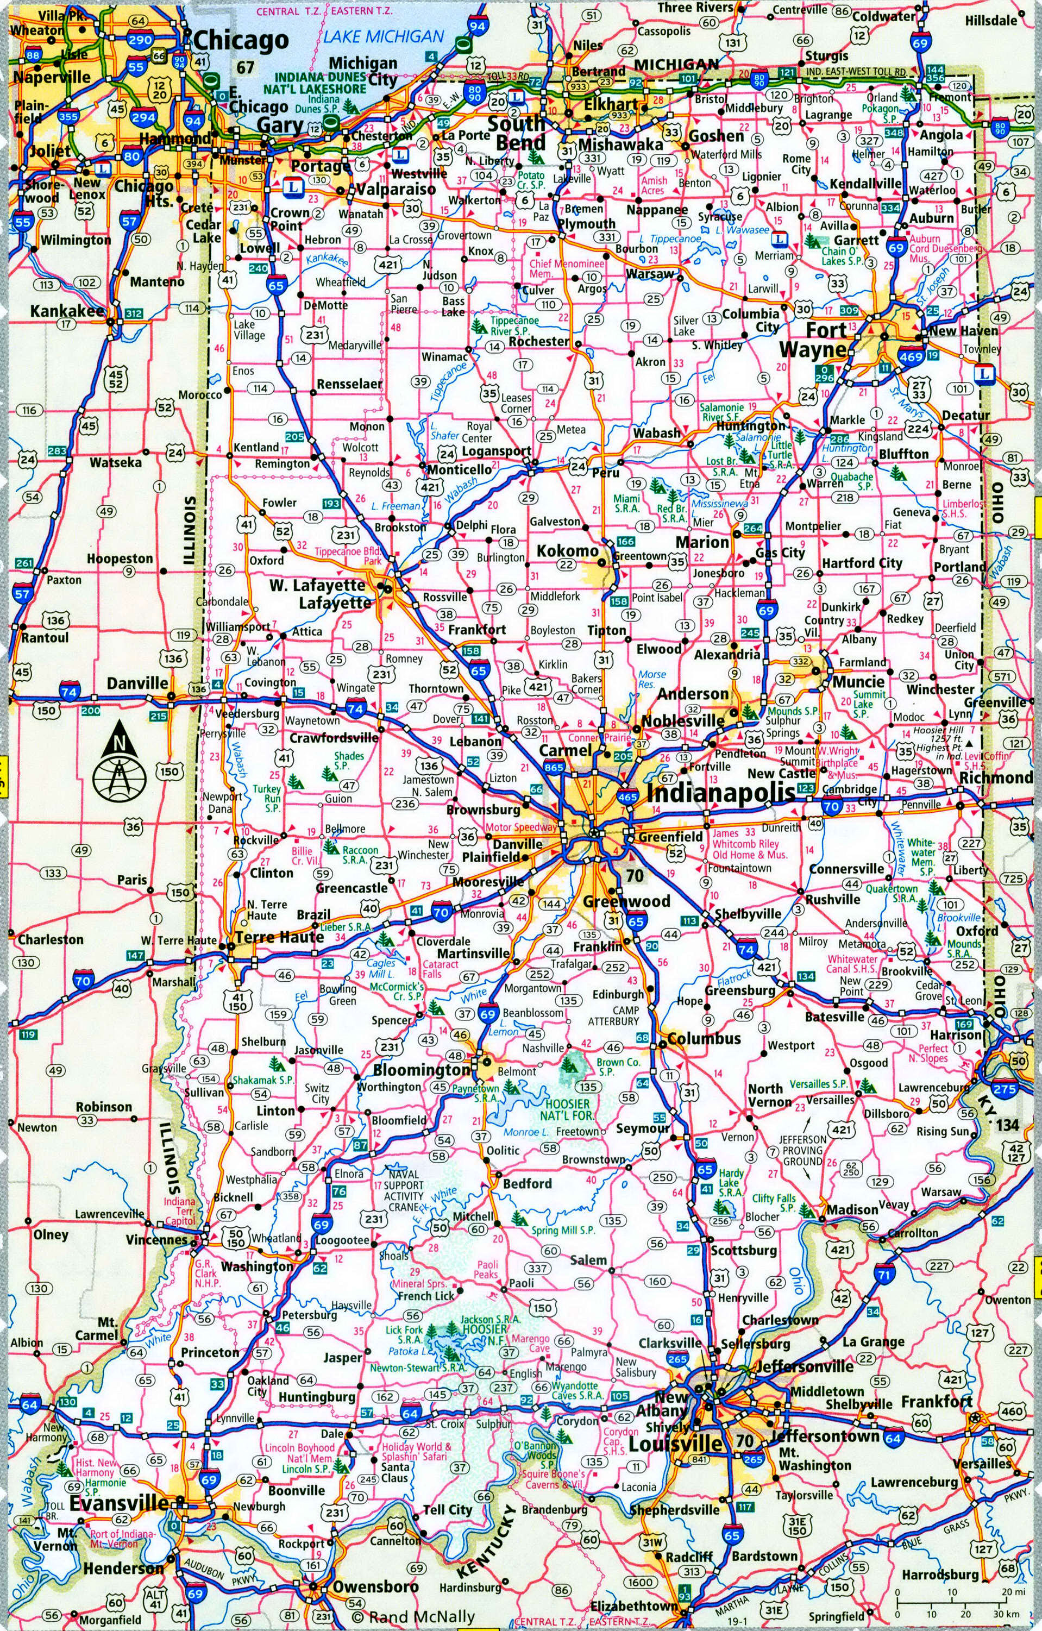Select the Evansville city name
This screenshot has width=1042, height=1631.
[119, 1502]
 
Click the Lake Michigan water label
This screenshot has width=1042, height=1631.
[384, 36]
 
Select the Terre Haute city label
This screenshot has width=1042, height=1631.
[279, 937]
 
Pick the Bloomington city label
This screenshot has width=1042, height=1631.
[422, 1070]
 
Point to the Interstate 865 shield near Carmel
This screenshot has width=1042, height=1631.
[554, 767]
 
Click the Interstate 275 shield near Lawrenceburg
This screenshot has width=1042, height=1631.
[1004, 1088]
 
